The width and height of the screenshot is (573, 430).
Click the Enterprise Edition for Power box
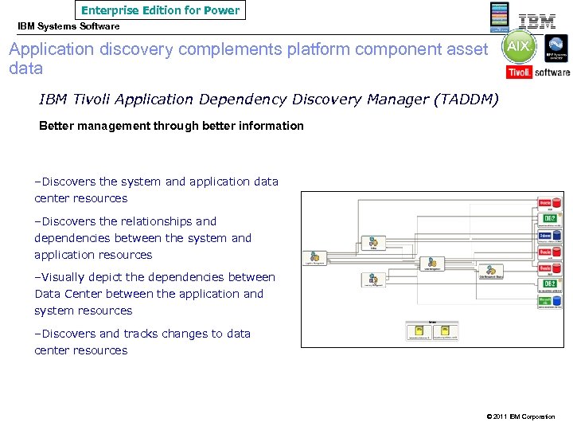(x=160, y=10)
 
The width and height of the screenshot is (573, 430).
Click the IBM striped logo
(x=537, y=21)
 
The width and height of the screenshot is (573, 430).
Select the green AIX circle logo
(x=518, y=48)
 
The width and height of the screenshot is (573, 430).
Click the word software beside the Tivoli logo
(x=552, y=72)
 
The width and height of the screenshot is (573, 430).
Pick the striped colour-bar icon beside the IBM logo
(x=499, y=16)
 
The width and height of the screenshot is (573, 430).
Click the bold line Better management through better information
(x=171, y=126)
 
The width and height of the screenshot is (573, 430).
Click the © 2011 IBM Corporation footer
(x=519, y=416)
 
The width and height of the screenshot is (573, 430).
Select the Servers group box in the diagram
(x=432, y=330)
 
